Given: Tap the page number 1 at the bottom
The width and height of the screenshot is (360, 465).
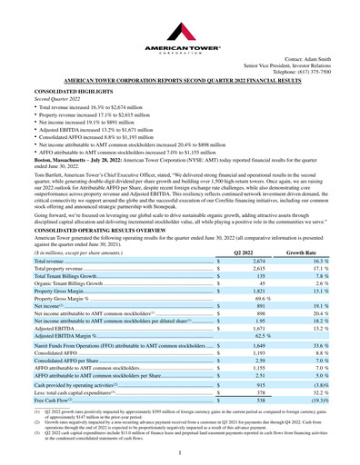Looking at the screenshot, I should [x=180, y=450].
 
